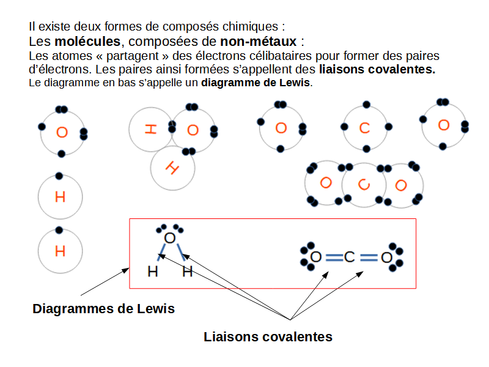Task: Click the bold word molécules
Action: click(88, 42)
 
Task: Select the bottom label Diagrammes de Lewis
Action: click(103, 309)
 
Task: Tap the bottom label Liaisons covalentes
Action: click(268, 336)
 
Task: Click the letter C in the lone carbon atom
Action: click(365, 128)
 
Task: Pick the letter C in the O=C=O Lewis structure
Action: click(350, 258)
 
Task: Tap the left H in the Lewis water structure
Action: click(153, 272)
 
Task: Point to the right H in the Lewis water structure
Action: click(188, 272)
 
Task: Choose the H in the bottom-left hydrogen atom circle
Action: click(60, 251)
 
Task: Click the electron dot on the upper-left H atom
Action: click(59, 176)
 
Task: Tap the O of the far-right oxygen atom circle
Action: click(444, 125)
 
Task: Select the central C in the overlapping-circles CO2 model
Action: click(364, 184)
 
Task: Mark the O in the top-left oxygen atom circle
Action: click(61, 132)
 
